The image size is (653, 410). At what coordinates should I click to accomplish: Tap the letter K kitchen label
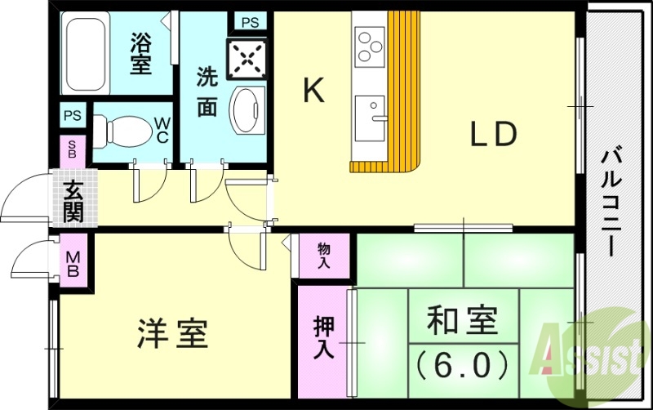click(313, 91)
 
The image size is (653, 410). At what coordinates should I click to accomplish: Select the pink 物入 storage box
click(324, 256)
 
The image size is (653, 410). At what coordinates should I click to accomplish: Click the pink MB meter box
click(73, 259)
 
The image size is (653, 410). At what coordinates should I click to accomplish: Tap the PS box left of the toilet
click(73, 114)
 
